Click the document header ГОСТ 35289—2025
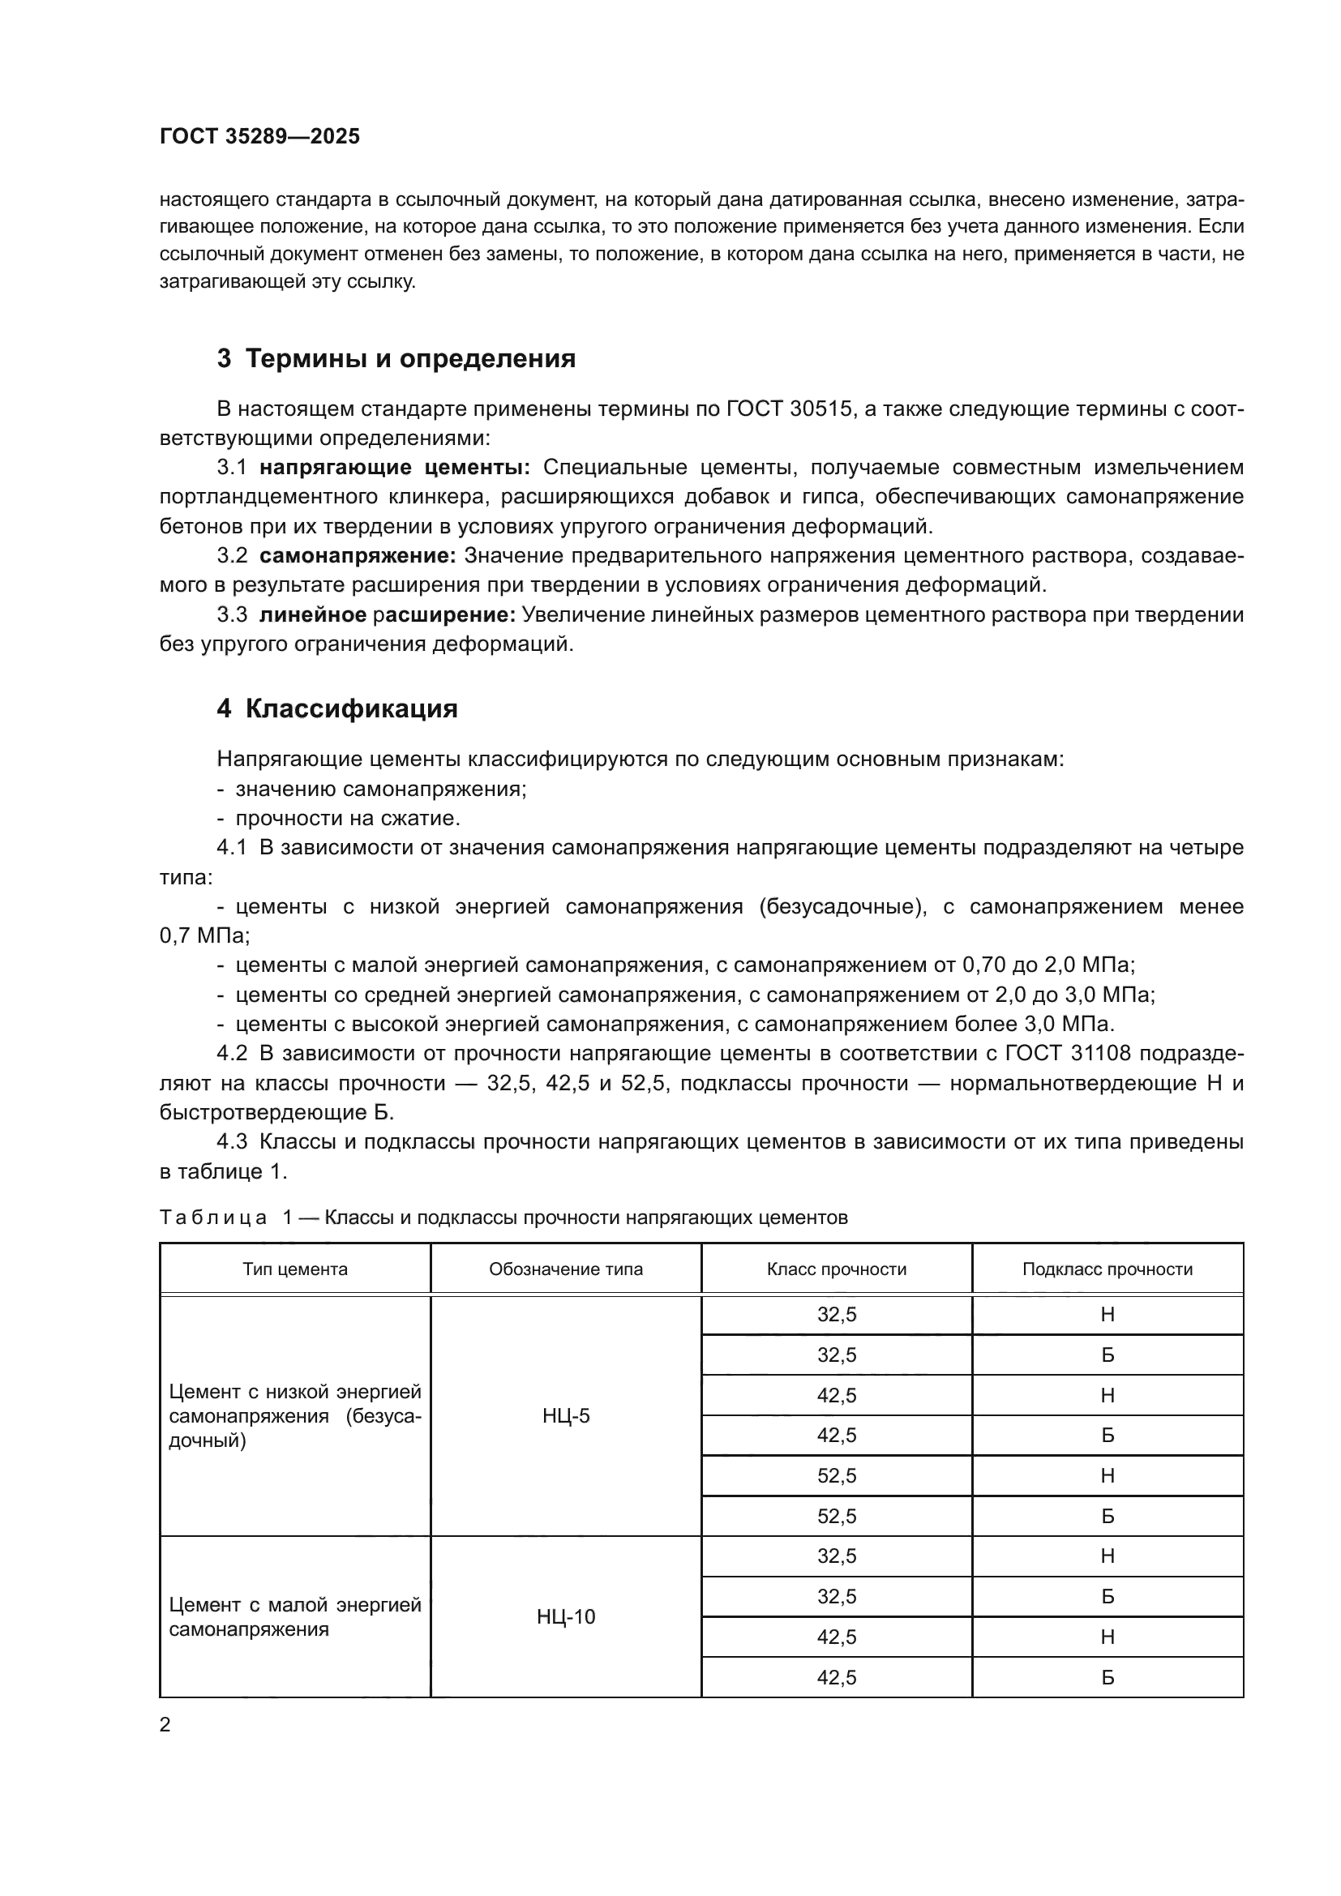pos(259,136)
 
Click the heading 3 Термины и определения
pos(396,358)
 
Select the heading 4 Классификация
pos(337,708)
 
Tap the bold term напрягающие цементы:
pos(395,468)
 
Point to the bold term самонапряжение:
pos(358,556)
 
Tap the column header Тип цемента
pos(295,1269)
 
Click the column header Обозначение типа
pos(566,1269)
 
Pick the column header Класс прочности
pos(837,1269)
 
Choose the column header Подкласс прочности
pos(1108,1269)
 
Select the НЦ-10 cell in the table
pos(566,1617)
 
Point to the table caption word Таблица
pos(213,1218)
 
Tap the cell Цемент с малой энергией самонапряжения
pos(295,1617)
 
